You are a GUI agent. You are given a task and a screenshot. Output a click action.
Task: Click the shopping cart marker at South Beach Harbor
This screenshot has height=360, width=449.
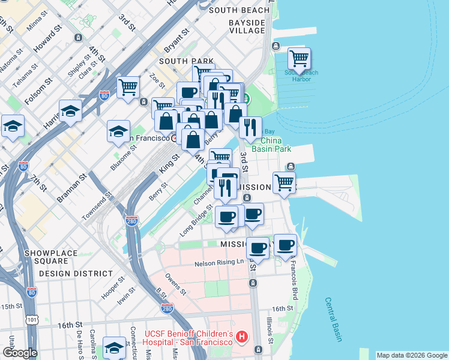pyautogui.click(x=299, y=59)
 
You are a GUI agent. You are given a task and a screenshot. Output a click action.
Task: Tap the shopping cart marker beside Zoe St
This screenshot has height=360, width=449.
pyautogui.click(x=128, y=88)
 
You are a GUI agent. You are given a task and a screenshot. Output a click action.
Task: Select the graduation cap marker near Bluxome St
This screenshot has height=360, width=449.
pyautogui.click(x=118, y=131)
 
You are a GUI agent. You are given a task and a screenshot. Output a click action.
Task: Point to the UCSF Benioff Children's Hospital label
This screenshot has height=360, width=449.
pyautogui.click(x=189, y=337)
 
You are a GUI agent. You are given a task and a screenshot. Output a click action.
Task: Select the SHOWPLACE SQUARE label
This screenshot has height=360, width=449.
pyautogui.click(x=51, y=257)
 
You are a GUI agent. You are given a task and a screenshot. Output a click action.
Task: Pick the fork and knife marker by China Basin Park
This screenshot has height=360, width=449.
pyautogui.click(x=250, y=127)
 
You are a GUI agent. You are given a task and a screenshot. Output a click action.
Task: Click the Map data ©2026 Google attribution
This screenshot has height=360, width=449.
pyautogui.click(x=412, y=355)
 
